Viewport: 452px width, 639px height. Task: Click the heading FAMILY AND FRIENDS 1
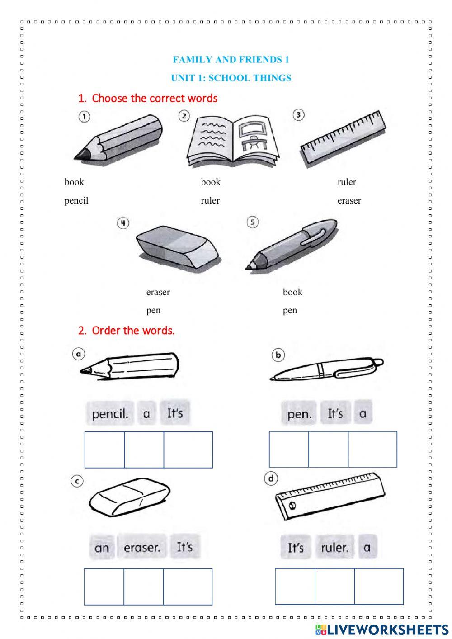point(231,59)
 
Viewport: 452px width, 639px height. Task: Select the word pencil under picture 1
point(76,200)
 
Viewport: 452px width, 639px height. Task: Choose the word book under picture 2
point(211,182)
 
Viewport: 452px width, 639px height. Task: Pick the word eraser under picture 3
point(349,200)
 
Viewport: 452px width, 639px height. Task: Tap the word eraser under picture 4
point(158,292)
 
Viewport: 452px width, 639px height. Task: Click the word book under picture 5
point(292,292)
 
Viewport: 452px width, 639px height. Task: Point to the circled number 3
point(298,115)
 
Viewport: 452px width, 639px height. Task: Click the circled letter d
point(271,478)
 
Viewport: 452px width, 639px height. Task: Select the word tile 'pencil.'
point(110,413)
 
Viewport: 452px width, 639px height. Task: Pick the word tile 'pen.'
point(299,414)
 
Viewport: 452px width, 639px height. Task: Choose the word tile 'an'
point(102,548)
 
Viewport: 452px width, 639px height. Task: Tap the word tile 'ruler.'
point(334,548)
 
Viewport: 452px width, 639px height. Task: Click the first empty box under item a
point(104,450)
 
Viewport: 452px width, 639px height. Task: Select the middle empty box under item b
point(329,449)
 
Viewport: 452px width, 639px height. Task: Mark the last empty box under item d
point(379,587)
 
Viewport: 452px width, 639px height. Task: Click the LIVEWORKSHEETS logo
point(381,630)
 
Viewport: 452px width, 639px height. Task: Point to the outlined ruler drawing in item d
point(330,497)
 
